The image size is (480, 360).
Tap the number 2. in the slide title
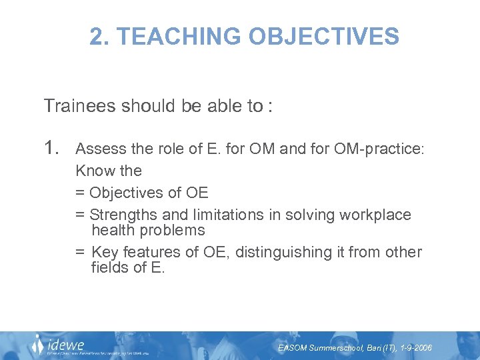tap(99, 36)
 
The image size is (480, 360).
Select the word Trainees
tap(79, 106)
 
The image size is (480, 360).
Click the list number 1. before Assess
tap(53, 147)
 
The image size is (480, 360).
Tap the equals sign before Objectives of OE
tap(80, 193)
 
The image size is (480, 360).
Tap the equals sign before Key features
tap(80, 253)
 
